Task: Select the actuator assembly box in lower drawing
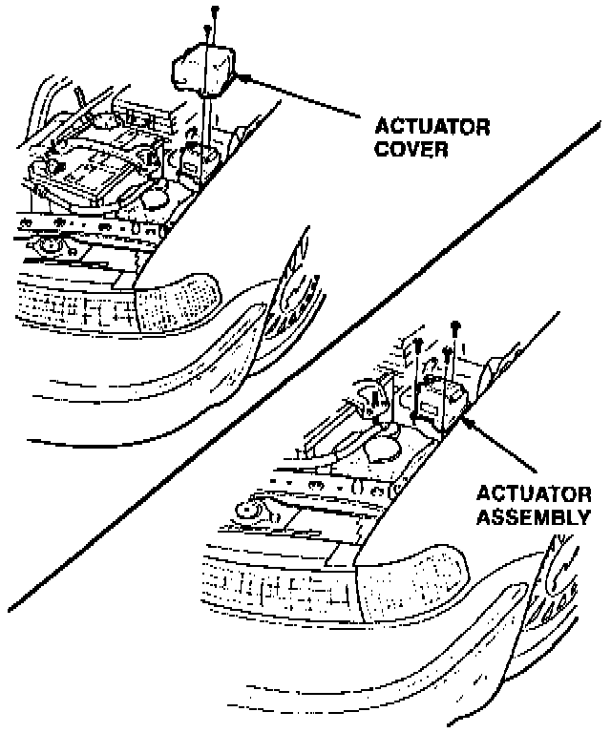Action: tap(442, 397)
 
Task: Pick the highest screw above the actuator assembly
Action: tap(455, 326)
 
